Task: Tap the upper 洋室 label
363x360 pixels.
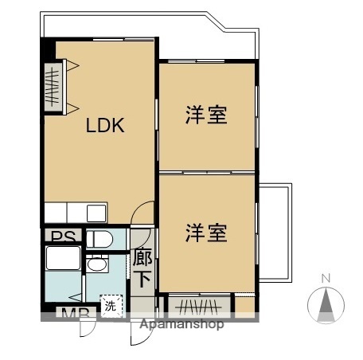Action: click(x=206, y=115)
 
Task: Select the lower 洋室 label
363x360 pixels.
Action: click(x=206, y=233)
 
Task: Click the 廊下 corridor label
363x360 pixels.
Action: click(x=142, y=268)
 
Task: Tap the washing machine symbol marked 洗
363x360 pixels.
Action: click(x=111, y=304)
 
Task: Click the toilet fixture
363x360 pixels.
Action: click(x=101, y=238)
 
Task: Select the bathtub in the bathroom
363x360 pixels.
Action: click(x=63, y=260)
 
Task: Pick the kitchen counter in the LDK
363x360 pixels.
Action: click(x=76, y=213)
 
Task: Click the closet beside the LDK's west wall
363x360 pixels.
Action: click(x=53, y=85)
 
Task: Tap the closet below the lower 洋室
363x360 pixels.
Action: click(x=197, y=305)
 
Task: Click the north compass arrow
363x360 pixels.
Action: click(x=326, y=304)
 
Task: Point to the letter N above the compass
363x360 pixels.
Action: click(x=326, y=279)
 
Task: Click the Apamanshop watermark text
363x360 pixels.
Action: click(x=181, y=324)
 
